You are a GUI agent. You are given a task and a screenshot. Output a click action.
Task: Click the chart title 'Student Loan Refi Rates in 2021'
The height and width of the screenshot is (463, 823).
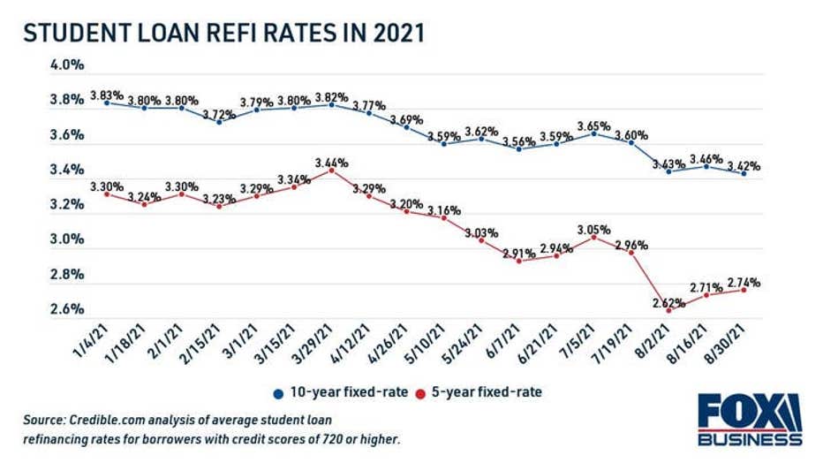coord(224,33)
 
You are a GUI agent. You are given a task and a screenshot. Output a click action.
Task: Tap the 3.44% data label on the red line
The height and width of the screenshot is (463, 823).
coord(330,163)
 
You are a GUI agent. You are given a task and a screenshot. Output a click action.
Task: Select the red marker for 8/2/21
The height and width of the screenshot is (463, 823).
coord(668,310)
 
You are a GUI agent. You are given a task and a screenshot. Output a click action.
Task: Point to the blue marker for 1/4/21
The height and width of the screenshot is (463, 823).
coord(106,102)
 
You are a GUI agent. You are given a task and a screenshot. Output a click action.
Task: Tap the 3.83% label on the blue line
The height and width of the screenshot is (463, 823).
coord(106,95)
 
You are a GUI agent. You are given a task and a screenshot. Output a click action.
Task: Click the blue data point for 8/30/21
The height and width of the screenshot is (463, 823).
coord(744,174)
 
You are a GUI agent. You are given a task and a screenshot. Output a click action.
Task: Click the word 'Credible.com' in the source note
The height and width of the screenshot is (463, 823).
coord(112,419)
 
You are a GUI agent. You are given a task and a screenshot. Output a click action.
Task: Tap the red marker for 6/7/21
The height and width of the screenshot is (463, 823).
coord(518,261)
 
